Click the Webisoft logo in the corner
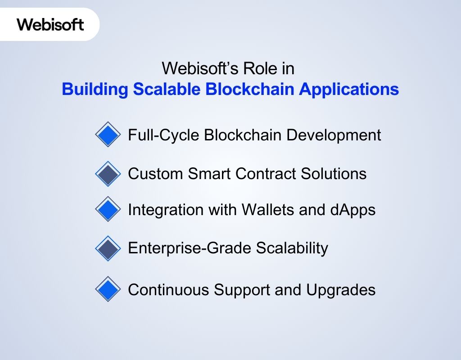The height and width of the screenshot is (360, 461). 50,24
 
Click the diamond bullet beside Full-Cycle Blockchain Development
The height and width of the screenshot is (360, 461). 108,135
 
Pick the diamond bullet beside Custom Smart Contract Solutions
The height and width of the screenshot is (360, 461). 108,174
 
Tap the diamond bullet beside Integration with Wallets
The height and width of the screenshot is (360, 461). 108,209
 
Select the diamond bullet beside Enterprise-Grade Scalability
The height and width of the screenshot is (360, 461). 108,248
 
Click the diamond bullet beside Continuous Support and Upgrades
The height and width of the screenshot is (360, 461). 108,289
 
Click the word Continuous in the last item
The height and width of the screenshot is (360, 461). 169,290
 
